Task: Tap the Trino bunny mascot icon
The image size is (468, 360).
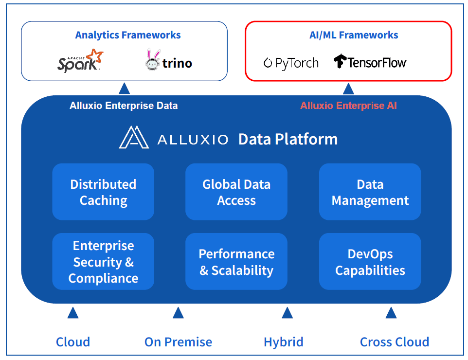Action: (x=153, y=60)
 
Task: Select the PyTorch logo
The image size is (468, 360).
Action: (x=291, y=63)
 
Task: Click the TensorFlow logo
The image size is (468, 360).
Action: (x=370, y=62)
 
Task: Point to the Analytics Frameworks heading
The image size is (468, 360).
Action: (x=128, y=35)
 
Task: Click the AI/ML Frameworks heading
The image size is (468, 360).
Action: (x=354, y=35)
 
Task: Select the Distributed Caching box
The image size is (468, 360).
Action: (x=103, y=192)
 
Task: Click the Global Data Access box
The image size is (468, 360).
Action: (x=236, y=192)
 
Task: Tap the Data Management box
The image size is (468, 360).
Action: (x=370, y=192)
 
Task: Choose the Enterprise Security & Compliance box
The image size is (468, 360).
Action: (x=103, y=261)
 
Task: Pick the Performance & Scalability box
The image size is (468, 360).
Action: (x=236, y=261)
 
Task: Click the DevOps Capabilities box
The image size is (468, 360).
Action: (x=370, y=261)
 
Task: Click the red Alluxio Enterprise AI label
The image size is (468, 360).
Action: (x=348, y=106)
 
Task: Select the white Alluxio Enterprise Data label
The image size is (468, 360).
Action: (x=124, y=106)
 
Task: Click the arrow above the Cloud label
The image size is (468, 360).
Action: (x=73, y=313)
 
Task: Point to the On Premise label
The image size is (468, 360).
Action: (x=178, y=342)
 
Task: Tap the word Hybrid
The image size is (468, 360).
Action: (x=283, y=342)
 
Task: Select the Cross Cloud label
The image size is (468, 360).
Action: (x=395, y=342)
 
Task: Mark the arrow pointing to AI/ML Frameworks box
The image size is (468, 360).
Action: (x=348, y=89)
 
